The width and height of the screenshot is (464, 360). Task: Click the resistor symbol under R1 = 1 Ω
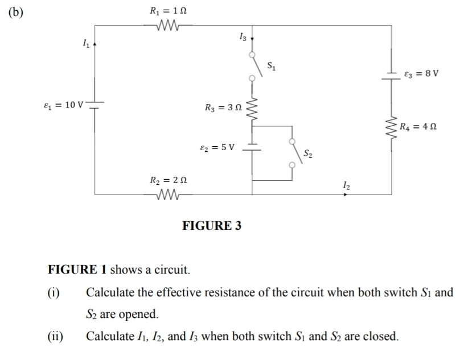coord(167,25)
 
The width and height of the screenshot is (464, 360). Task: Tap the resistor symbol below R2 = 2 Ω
coord(167,195)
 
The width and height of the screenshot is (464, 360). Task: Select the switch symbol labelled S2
coord(293,153)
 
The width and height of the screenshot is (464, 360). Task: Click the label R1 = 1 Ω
coord(168,10)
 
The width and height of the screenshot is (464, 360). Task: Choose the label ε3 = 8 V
coord(421,74)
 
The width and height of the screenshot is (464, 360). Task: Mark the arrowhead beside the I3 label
coord(252,40)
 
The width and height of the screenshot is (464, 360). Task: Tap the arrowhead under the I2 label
coord(344,195)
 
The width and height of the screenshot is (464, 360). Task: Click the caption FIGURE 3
coord(212,226)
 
